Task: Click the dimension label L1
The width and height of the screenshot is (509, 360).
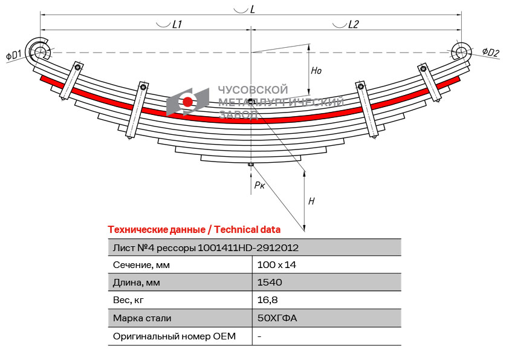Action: [177, 24]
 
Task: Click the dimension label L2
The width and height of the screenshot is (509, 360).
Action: [353, 24]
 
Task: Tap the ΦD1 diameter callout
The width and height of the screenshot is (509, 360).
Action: [14, 55]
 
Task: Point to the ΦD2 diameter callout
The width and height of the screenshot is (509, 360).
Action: [491, 53]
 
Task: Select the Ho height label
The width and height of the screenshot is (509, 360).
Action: [316, 71]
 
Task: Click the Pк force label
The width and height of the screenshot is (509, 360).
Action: [259, 185]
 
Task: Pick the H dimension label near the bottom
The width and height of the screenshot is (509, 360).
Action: [311, 201]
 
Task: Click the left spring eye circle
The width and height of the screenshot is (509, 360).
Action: [41, 51]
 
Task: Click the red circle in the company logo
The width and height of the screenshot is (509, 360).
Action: [188, 101]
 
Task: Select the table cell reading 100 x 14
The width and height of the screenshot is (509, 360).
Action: [276, 265]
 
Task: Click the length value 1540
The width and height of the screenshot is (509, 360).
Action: [270, 283]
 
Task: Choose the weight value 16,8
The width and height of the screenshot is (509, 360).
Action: [267, 300]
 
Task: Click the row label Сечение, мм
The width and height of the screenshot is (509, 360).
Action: [141, 265]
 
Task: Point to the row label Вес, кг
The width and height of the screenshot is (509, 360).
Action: [129, 300]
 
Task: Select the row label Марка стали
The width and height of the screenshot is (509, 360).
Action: [142, 318]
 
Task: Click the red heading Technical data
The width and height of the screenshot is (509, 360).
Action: [247, 229]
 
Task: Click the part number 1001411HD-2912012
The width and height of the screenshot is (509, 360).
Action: [248, 247]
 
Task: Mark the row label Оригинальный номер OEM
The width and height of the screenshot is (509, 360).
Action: [174, 336]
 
